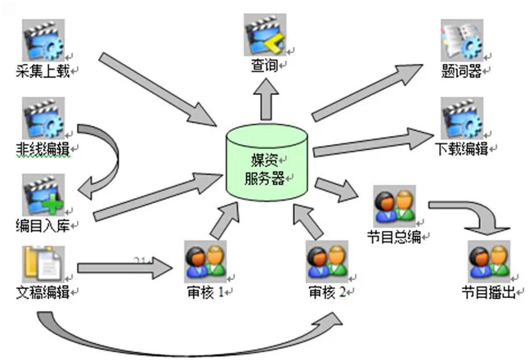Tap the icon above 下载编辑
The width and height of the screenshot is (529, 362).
(x=461, y=119)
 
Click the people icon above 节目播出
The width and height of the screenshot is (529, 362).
(x=488, y=260)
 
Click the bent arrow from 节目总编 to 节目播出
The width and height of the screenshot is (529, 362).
(x=474, y=214)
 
